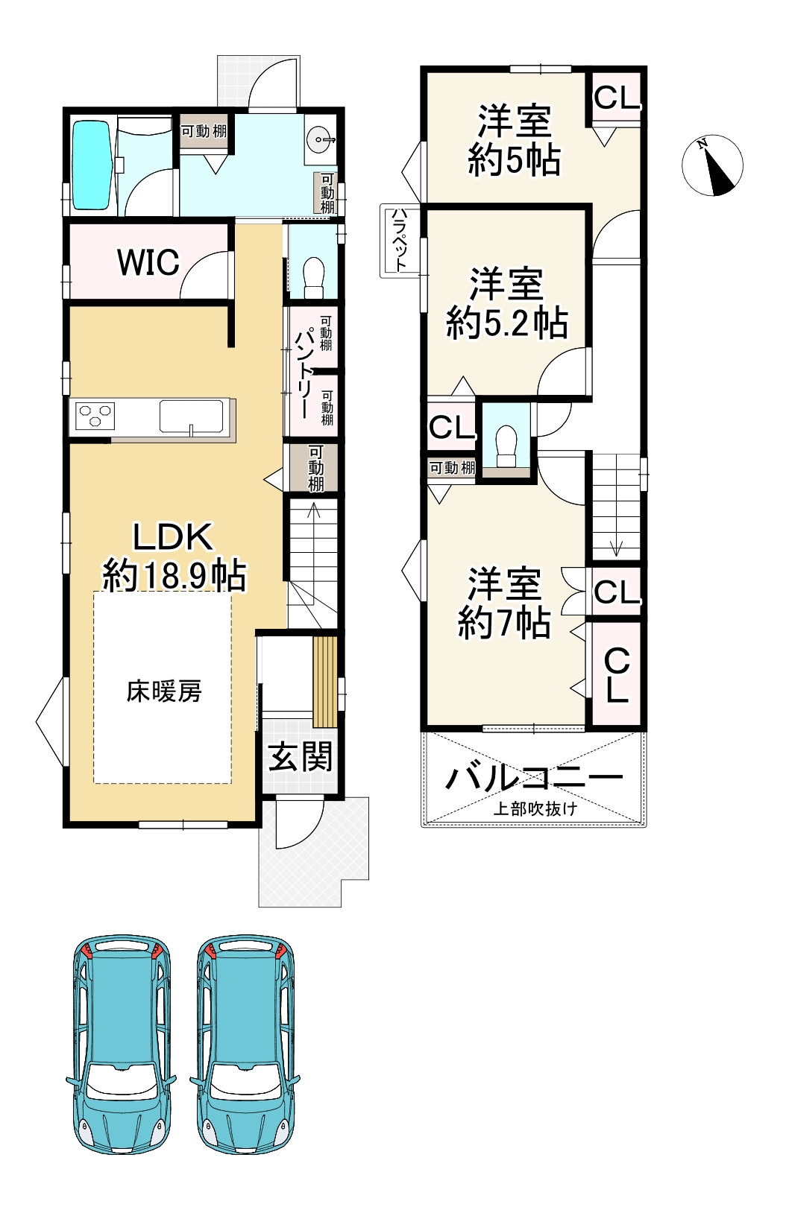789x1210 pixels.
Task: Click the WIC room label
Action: tap(148, 262)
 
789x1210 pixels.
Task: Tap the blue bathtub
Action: tap(91, 165)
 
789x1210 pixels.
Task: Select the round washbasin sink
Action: tap(320, 140)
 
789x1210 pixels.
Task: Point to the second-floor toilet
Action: tap(506, 446)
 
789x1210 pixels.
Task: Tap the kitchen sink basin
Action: tap(192, 416)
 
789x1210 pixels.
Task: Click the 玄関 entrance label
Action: tap(300, 757)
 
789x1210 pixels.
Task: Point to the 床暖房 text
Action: tap(164, 691)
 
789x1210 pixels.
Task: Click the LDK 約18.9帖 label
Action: tap(174, 557)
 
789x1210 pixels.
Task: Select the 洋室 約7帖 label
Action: tap(504, 604)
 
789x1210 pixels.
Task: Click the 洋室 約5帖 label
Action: tap(514, 141)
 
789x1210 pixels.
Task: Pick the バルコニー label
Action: tap(534, 779)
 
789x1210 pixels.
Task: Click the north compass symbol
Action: tap(712, 165)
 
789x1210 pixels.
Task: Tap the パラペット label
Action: tap(399, 240)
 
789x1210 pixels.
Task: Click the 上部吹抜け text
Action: tap(535, 809)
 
